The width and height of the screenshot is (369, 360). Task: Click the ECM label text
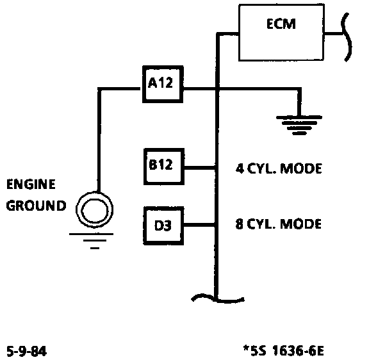click(281, 24)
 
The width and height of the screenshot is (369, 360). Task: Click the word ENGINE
click(31, 184)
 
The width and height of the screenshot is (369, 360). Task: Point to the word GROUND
click(36, 206)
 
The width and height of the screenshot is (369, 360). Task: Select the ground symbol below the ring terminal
click(92, 241)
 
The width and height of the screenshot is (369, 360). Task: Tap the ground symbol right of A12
click(299, 125)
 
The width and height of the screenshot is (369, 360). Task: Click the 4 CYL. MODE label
click(279, 168)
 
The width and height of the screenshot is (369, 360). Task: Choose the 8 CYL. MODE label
click(279, 224)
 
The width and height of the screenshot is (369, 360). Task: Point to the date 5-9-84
click(27, 351)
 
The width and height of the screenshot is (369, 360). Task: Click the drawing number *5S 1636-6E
click(284, 350)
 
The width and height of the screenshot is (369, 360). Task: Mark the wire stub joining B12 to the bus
click(200, 168)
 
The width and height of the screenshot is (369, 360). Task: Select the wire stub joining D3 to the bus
click(199, 225)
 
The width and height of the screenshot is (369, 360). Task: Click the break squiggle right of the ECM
click(347, 37)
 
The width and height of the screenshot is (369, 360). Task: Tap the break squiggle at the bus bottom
click(218, 299)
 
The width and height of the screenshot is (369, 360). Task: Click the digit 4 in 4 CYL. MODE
click(240, 168)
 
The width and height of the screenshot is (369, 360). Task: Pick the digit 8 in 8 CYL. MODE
click(239, 224)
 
